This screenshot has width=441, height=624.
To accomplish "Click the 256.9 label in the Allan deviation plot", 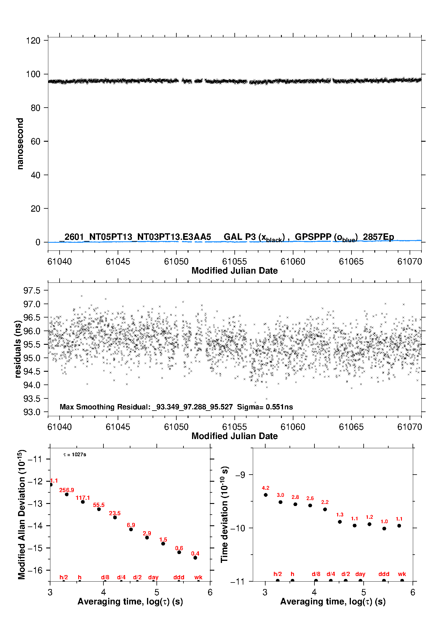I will coord(66,490).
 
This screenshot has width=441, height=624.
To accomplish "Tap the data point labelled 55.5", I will coord(99,509).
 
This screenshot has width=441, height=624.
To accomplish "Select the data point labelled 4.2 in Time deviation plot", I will coord(266,495).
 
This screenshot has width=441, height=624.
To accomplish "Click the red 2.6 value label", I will coord(310,498).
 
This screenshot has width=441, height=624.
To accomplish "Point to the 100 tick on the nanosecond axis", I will coord(33,74).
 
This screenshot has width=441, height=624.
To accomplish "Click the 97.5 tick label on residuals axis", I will coord(32,291).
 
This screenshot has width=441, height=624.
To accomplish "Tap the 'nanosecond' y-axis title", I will coord(20,144).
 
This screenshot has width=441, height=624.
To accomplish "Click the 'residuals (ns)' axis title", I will coord(18,349).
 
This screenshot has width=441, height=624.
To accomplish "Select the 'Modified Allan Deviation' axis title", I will coord(21,514).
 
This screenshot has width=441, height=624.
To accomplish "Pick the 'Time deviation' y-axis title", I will coord(224,514).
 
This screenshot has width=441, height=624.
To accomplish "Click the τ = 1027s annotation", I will coord(75,454).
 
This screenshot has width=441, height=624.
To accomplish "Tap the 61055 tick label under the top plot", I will coord(234,261).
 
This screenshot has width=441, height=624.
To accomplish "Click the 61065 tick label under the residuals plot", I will coord(351,427).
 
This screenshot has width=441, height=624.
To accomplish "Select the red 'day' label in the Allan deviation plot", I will coord(153,577).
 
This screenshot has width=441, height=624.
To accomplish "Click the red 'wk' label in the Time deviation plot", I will coord(402,574).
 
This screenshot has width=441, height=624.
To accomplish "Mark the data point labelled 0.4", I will coord(195,558).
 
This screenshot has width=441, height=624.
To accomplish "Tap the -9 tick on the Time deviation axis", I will coord(240,475).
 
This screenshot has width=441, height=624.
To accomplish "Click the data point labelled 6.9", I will coord(131,529).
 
